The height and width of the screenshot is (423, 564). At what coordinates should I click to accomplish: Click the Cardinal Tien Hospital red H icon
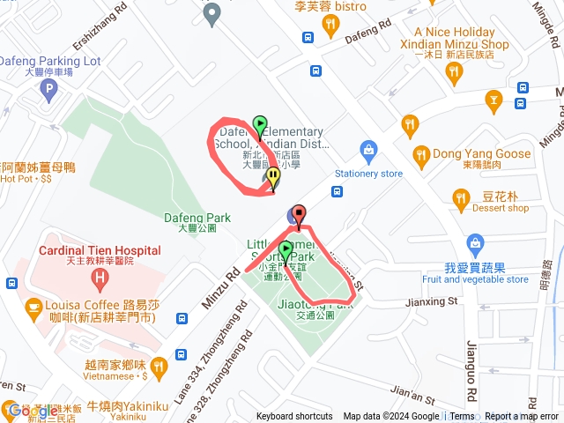(x=100, y=280)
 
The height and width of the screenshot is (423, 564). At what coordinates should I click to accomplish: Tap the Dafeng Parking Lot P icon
(x=49, y=89)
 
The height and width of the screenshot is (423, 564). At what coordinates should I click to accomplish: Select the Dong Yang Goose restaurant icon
(x=420, y=154)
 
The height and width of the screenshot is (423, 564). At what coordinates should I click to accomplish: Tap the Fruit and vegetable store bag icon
(x=476, y=242)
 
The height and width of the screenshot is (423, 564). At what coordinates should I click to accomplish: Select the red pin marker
(x=298, y=214)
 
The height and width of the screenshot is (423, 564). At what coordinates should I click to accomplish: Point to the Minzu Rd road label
(x=220, y=287)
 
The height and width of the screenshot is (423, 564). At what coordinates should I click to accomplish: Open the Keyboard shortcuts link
(x=294, y=417)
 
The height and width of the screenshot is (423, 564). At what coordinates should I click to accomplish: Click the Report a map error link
(x=522, y=417)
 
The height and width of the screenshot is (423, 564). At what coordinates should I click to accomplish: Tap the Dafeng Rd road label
(x=367, y=33)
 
